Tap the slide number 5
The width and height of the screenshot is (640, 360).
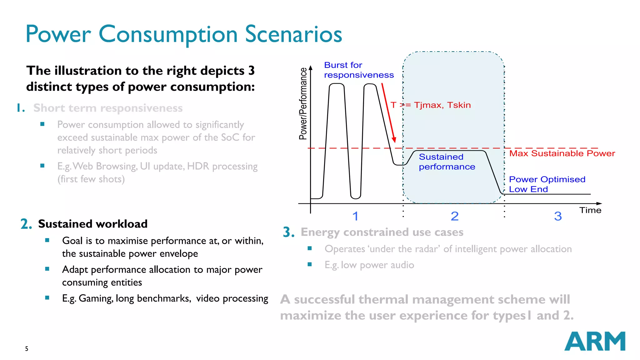click(x=27, y=349)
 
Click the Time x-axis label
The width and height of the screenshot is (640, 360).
click(x=590, y=210)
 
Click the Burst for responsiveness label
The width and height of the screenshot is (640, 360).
click(x=358, y=70)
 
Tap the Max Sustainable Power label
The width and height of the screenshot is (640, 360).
click(x=562, y=153)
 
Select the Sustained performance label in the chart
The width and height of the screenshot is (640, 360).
click(x=447, y=162)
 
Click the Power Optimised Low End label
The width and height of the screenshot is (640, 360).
click(x=547, y=184)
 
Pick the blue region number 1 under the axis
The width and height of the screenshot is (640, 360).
click(x=355, y=216)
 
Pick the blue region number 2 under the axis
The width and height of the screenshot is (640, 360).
click(x=454, y=216)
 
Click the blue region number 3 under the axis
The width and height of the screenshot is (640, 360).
click(x=558, y=216)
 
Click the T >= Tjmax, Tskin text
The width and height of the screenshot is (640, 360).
click(x=430, y=105)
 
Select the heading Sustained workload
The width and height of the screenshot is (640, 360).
click(x=92, y=224)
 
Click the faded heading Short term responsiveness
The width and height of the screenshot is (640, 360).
click(x=108, y=108)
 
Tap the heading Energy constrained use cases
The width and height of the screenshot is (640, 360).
click(x=382, y=232)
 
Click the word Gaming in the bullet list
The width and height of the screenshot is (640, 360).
click(x=95, y=298)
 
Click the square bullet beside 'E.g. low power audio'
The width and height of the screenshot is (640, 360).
click(x=310, y=264)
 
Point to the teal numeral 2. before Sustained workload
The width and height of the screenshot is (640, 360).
click(x=26, y=224)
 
